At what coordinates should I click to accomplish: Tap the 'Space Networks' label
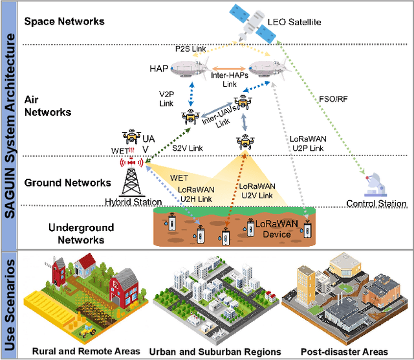coord(64,21)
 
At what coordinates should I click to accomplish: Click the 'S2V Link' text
coord(188,148)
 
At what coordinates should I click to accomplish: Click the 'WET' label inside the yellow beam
coord(180,176)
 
